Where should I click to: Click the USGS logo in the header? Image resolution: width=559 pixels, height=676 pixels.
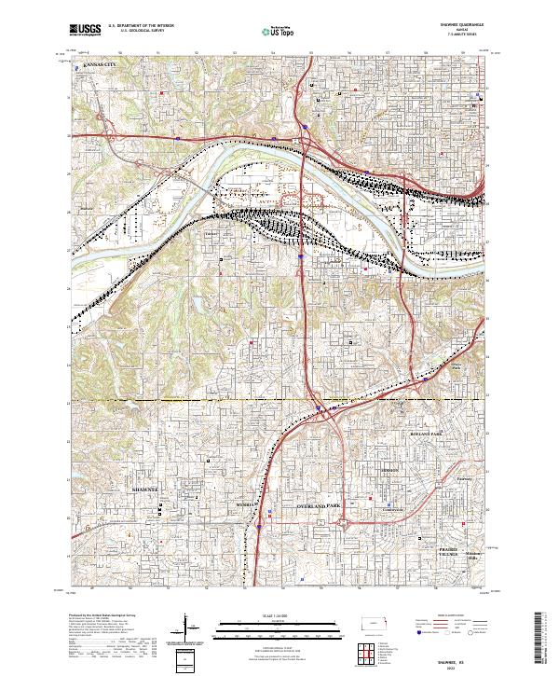[x=84, y=31]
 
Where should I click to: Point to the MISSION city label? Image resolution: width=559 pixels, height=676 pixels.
[x=389, y=471]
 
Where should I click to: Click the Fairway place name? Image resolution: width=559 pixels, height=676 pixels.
[x=466, y=479]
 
